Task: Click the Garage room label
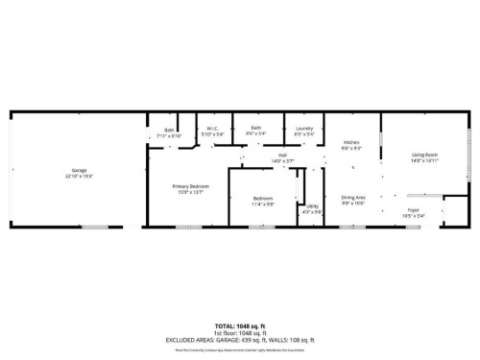pyautogui.click(x=79, y=170)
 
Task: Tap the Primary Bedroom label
pyautogui.click(x=191, y=186)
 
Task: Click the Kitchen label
pyautogui.click(x=351, y=143)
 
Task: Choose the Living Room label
pyautogui.click(x=425, y=155)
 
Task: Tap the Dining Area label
pyautogui.click(x=353, y=197)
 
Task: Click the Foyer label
pyautogui.click(x=413, y=209)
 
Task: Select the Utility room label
pyautogui.click(x=313, y=206)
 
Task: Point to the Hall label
pyautogui.click(x=283, y=155)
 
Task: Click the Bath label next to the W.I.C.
pyautogui.click(x=169, y=130)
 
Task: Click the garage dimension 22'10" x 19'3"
pyautogui.click(x=79, y=176)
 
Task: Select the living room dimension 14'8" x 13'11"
pyautogui.click(x=425, y=160)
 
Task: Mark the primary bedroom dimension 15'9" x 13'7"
pyautogui.click(x=191, y=192)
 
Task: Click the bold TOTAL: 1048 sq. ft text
pyautogui.click(x=239, y=325)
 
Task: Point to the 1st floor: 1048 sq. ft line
pyautogui.click(x=239, y=332)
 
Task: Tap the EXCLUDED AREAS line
pyautogui.click(x=239, y=340)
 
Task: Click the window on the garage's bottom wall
pyautogui.click(x=94, y=228)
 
